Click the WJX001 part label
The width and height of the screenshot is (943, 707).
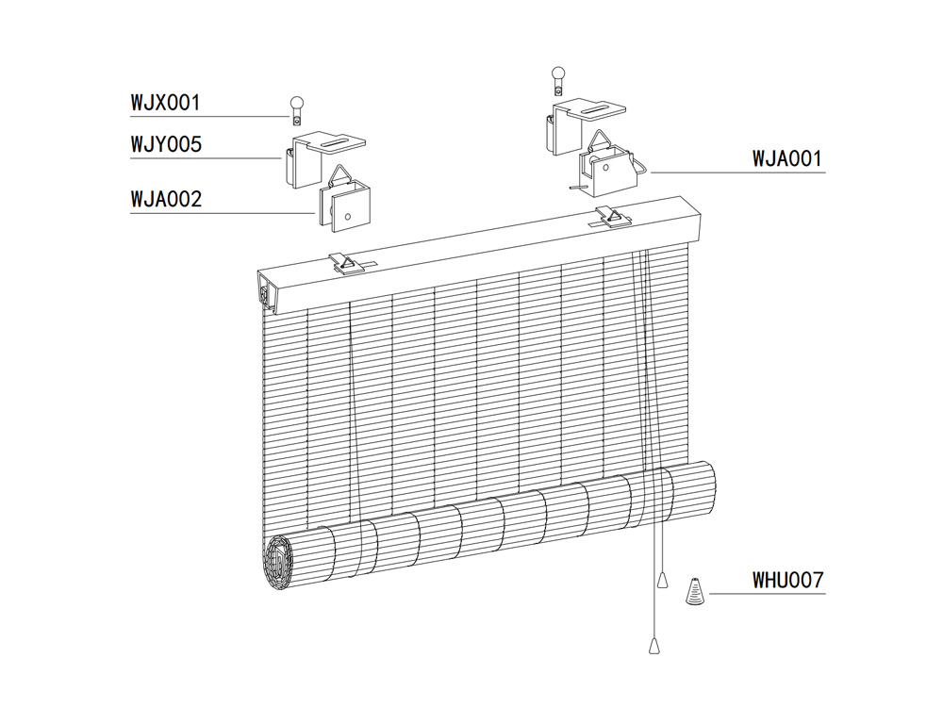(165, 101)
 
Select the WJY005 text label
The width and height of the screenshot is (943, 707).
(166, 145)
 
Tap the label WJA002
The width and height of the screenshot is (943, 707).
(166, 200)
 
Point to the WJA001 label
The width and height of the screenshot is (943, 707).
(787, 158)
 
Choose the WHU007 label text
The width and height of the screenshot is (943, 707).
(788, 579)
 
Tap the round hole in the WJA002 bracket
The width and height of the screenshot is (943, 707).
(348, 217)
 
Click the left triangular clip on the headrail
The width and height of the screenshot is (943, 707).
(346, 264)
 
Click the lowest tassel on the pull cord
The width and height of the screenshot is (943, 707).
(653, 645)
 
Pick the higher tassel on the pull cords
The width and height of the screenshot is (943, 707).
(664, 576)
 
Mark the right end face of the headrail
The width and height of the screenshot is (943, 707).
(702, 220)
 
